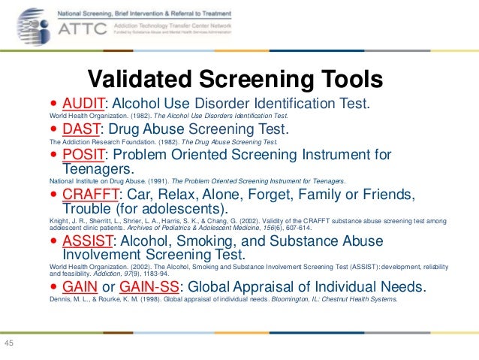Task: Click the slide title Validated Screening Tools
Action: [x=236, y=79]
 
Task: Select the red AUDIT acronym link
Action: [x=82, y=104]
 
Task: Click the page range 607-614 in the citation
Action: [x=295, y=227]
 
